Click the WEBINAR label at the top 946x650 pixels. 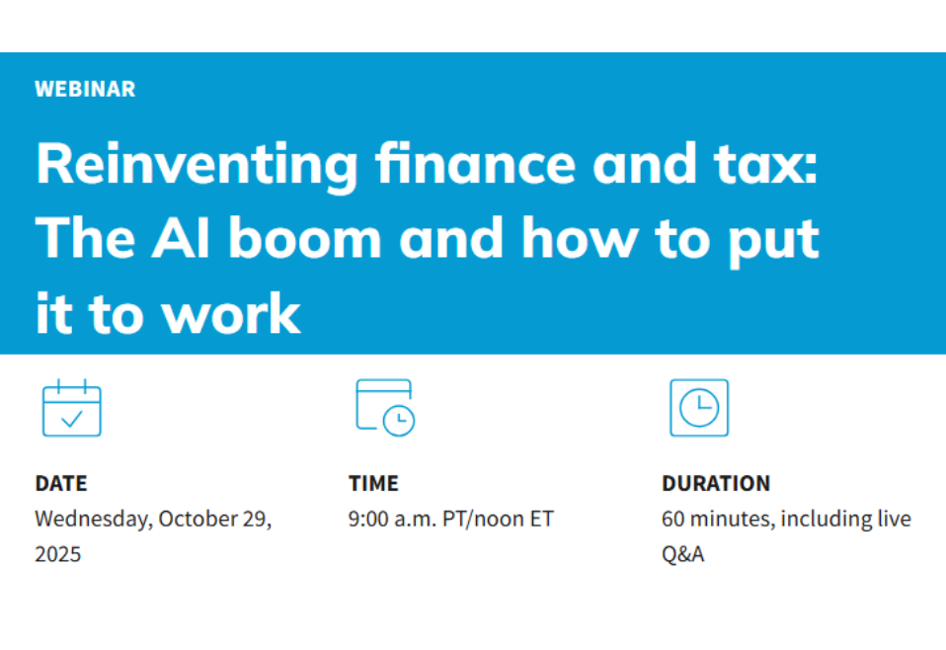pos(85,89)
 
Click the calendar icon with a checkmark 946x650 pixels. pos(71,408)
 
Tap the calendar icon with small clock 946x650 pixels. pos(385,407)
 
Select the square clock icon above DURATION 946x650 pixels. pos(699,407)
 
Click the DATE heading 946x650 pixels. pos(61,484)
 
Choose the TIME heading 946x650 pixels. pos(373,484)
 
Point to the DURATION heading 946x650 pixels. pos(716,484)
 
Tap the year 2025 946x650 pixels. pos(58,555)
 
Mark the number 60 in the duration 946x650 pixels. pos(673,520)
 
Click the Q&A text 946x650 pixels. pos(682,555)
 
